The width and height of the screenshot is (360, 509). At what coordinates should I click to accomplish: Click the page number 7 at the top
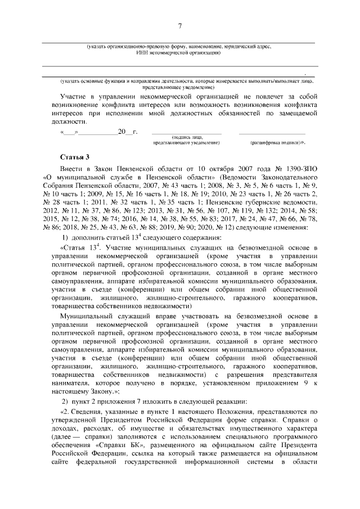tap(180, 26)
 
